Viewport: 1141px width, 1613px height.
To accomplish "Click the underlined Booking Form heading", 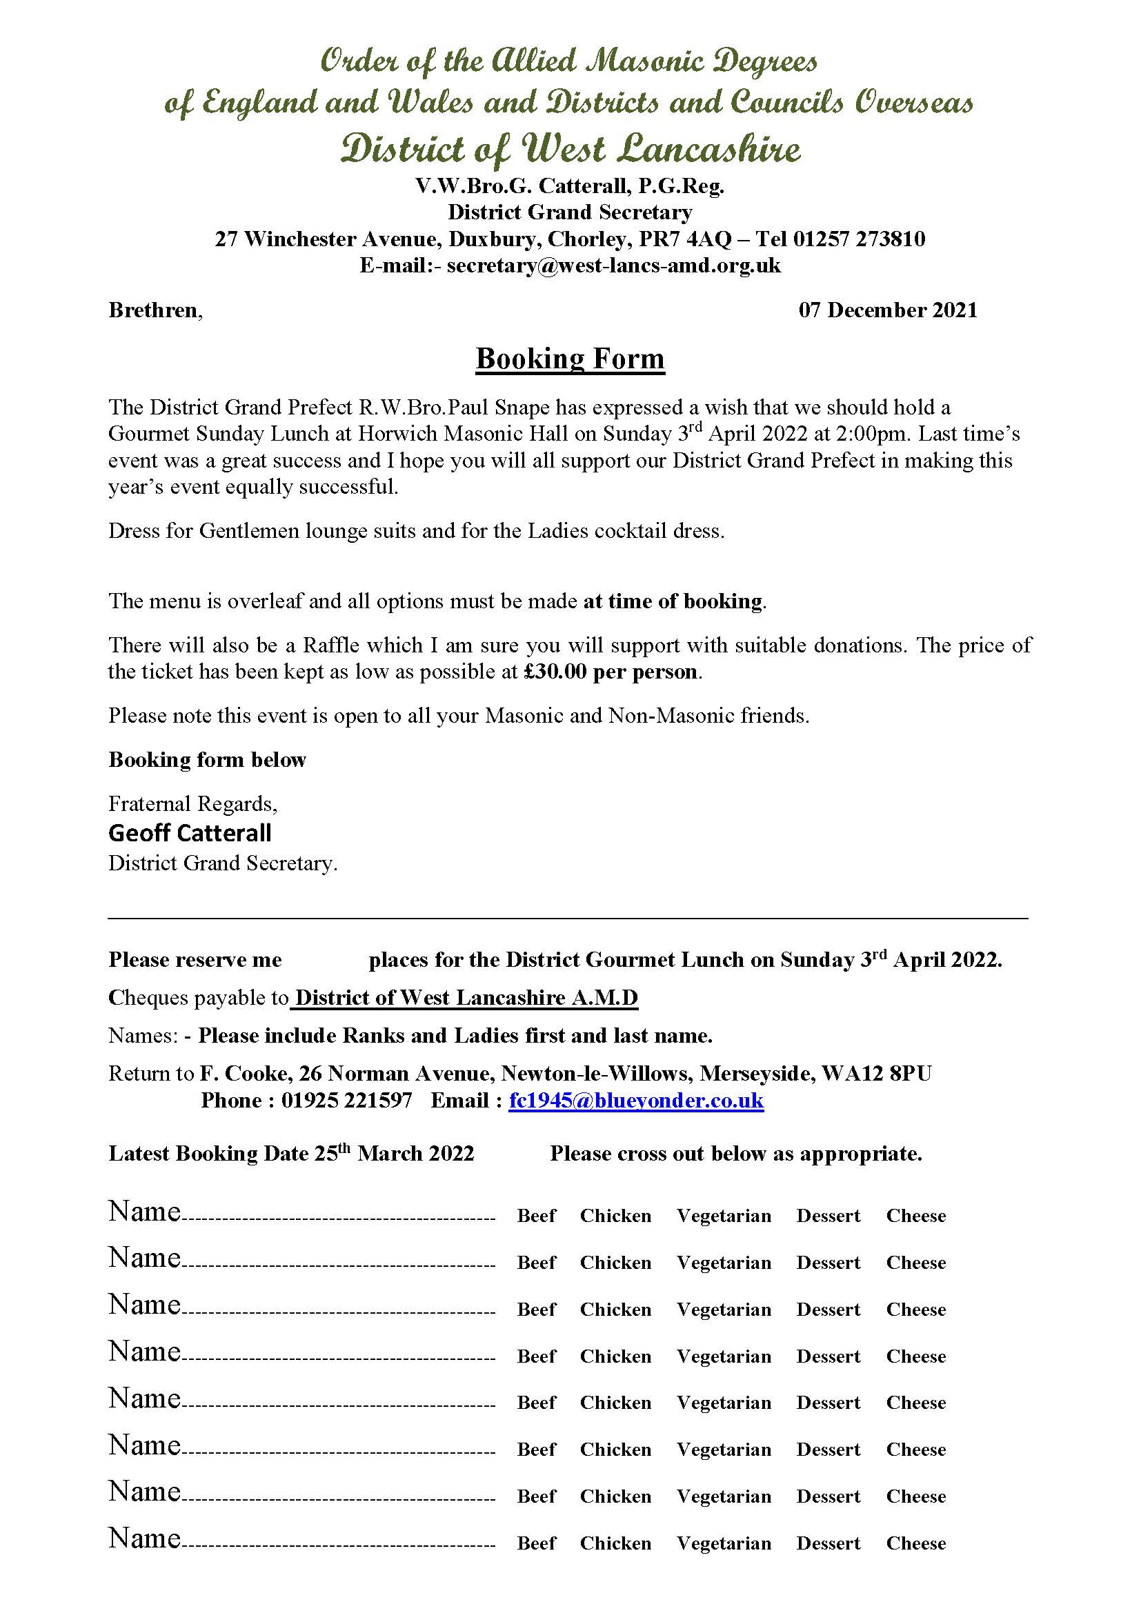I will pos(570,359).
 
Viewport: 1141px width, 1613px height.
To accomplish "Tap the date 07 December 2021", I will pos(887,310).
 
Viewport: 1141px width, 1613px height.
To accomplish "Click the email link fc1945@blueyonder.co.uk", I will pos(636,1101).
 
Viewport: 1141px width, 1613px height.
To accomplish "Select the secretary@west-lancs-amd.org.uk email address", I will pos(613,266).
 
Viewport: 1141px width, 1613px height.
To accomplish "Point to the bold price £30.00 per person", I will pos(611,672).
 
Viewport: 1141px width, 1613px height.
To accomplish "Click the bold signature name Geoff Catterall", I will pos(190,833).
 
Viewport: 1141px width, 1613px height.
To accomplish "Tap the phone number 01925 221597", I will pos(346,1101).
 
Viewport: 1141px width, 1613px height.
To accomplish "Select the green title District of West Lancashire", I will pos(570,149).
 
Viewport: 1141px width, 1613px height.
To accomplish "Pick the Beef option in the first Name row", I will pos(536,1216).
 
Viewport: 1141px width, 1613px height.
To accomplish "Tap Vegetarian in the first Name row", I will pos(724,1216).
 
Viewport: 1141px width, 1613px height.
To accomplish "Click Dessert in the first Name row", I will pos(828,1216).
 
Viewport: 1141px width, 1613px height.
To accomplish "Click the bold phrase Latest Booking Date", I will pos(208,1154).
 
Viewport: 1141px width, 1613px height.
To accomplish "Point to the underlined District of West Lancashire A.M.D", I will pos(466,999).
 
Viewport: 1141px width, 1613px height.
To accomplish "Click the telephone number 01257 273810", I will pos(859,239).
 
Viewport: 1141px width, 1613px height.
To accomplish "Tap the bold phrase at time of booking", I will pos(673,601).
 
